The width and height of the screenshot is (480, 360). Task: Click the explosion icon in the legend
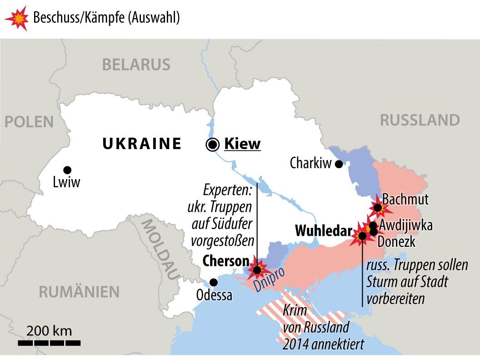(16, 18)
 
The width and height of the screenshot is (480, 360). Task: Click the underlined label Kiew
(242, 144)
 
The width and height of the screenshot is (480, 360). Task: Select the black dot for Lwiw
(67, 170)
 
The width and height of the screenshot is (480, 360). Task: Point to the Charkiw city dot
(339, 164)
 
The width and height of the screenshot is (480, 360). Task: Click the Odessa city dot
(213, 282)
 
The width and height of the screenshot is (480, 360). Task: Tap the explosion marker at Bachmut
(378, 208)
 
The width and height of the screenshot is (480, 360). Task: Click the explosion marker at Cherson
(257, 270)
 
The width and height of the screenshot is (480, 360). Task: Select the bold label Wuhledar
(323, 231)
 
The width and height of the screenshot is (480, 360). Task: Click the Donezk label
(396, 241)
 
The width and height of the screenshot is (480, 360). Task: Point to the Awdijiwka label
(405, 225)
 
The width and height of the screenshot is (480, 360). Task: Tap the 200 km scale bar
(50, 342)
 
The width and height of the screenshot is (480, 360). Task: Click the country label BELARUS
(136, 65)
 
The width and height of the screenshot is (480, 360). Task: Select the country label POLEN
(29, 122)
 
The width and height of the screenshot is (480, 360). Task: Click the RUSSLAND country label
(420, 120)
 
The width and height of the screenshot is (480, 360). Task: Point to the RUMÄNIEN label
(79, 291)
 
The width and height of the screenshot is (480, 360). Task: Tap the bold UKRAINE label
(142, 144)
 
